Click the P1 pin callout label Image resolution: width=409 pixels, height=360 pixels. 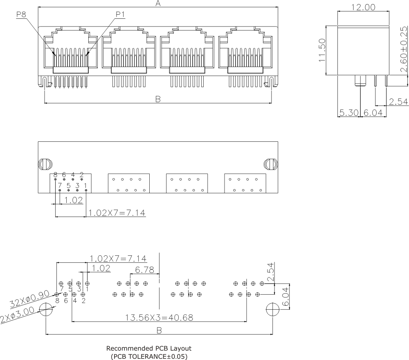pyautogui.click(x=120, y=14)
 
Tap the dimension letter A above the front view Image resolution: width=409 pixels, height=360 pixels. pyautogui.click(x=158, y=3)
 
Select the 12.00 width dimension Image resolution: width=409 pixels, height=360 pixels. pyautogui.click(x=363, y=7)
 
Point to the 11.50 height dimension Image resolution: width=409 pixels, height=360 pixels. pyautogui.click(x=322, y=50)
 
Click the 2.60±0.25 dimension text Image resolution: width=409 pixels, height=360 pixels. pyautogui.click(x=404, y=49)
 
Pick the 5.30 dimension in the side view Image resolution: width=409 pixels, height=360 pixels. pyautogui.click(x=349, y=113)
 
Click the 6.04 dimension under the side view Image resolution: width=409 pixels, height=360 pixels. pyautogui.click(x=373, y=113)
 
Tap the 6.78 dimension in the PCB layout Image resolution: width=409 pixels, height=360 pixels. pyautogui.click(x=145, y=270)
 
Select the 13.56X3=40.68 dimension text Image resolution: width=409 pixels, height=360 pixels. pyautogui.click(x=160, y=318)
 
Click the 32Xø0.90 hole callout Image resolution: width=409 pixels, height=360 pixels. pyautogui.click(x=29, y=299)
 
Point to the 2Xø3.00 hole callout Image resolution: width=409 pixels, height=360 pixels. pyautogui.click(x=18, y=315)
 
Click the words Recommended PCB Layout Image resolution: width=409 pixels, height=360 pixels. pyautogui.click(x=149, y=348)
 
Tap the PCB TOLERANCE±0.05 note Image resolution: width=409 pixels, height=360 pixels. pyautogui.click(x=149, y=356)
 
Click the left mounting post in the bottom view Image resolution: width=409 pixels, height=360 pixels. pyautogui.click(x=45, y=164)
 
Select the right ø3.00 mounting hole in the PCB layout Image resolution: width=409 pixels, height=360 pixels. pyautogui.click(x=272, y=309)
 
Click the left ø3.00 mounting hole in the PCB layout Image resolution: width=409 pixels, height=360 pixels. pyautogui.click(x=46, y=309)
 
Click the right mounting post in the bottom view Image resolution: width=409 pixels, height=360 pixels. pyautogui.click(x=271, y=164)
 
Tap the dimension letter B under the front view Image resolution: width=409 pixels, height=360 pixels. pyautogui.click(x=158, y=99)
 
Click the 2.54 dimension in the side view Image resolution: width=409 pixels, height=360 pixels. pyautogui.click(x=398, y=102)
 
